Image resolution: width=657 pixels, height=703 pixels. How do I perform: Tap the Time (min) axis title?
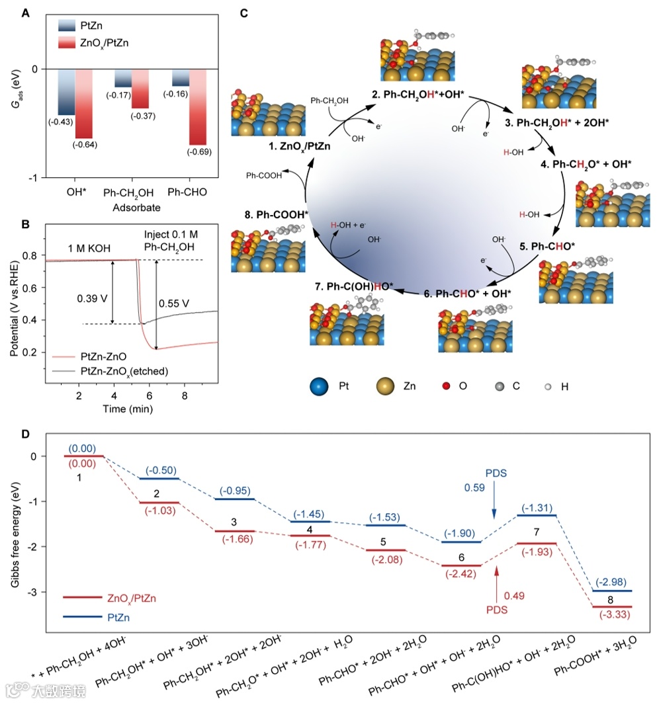(x=130, y=409)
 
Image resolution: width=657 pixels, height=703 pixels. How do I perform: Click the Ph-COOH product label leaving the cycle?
(x=263, y=175)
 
